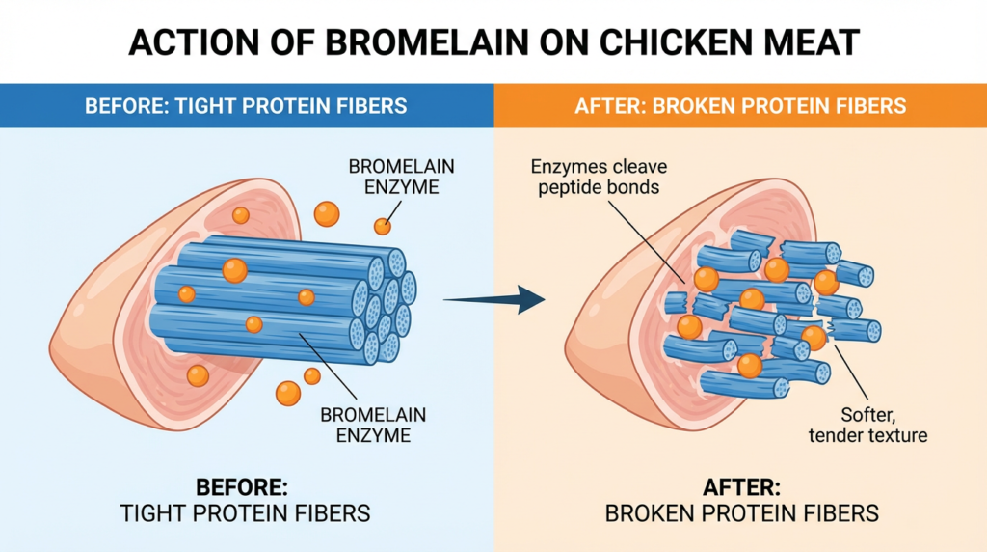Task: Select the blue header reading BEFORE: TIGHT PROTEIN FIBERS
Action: pyautogui.click(x=246, y=105)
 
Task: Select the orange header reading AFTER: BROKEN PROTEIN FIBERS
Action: pyautogui.click(x=740, y=105)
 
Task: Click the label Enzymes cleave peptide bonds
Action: pyautogui.click(x=598, y=177)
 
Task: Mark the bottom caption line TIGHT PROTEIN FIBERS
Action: pyautogui.click(x=245, y=512)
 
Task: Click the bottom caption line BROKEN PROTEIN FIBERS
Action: pyautogui.click(x=741, y=512)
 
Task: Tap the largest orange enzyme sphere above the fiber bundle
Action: pyautogui.click(x=327, y=213)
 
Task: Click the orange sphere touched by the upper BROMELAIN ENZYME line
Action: pyautogui.click(x=383, y=227)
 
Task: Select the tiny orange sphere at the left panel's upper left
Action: pyautogui.click(x=241, y=215)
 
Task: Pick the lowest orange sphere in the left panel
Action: pyautogui.click(x=287, y=393)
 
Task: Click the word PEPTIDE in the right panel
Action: pyautogui.click(x=568, y=186)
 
